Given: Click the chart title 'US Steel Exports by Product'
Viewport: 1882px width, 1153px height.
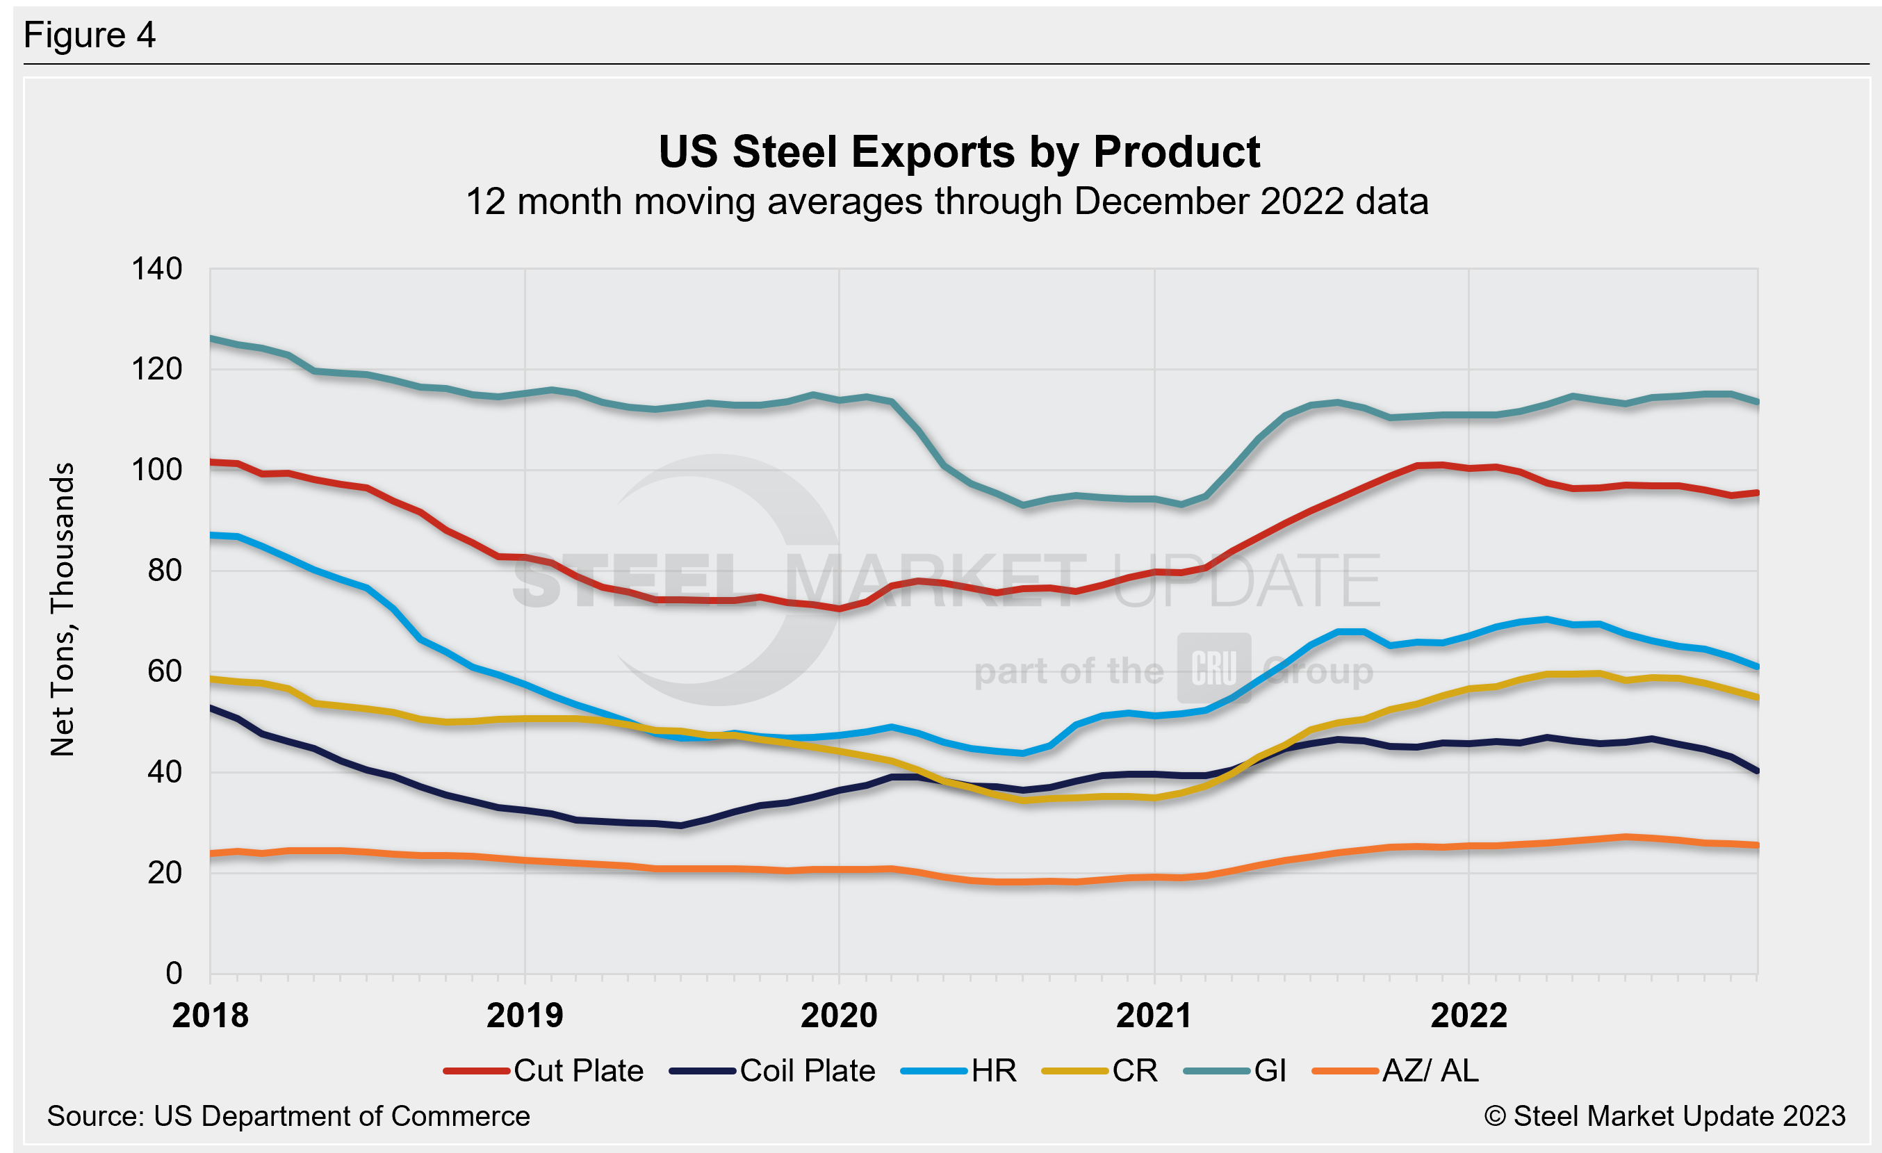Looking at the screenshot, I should (958, 152).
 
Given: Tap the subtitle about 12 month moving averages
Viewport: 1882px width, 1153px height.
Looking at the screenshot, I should (947, 202).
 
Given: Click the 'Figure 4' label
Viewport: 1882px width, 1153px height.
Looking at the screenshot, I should (90, 35).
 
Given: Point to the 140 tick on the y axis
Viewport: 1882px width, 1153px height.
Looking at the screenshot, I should (156, 269).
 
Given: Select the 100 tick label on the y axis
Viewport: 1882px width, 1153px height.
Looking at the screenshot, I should (156, 470).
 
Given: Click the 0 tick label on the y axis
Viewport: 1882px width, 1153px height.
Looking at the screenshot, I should (174, 974).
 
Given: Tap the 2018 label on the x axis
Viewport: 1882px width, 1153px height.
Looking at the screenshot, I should (210, 1015).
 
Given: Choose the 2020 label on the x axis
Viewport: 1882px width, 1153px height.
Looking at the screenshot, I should (839, 1015).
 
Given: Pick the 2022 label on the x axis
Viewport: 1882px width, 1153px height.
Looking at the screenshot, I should (1468, 1015).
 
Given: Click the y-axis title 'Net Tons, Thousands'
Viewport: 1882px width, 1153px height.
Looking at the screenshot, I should (63, 610).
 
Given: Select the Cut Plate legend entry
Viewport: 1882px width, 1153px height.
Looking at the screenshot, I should (544, 1070).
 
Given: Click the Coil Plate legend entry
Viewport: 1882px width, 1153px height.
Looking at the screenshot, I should (772, 1070).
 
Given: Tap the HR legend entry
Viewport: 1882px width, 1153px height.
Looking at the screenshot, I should (959, 1070).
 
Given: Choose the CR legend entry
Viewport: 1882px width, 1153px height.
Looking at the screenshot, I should (1100, 1070).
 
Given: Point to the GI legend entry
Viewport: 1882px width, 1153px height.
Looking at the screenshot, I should (1235, 1070).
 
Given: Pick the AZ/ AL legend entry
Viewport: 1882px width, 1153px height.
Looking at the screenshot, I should (1396, 1070).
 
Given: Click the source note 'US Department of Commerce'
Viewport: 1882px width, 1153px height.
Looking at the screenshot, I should (288, 1116).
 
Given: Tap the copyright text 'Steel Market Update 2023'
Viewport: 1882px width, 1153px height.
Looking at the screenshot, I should (1665, 1116).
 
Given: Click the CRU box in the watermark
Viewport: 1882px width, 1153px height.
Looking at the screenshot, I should (1213, 668).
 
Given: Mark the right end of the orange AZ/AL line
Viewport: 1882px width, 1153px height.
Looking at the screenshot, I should (1758, 845).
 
